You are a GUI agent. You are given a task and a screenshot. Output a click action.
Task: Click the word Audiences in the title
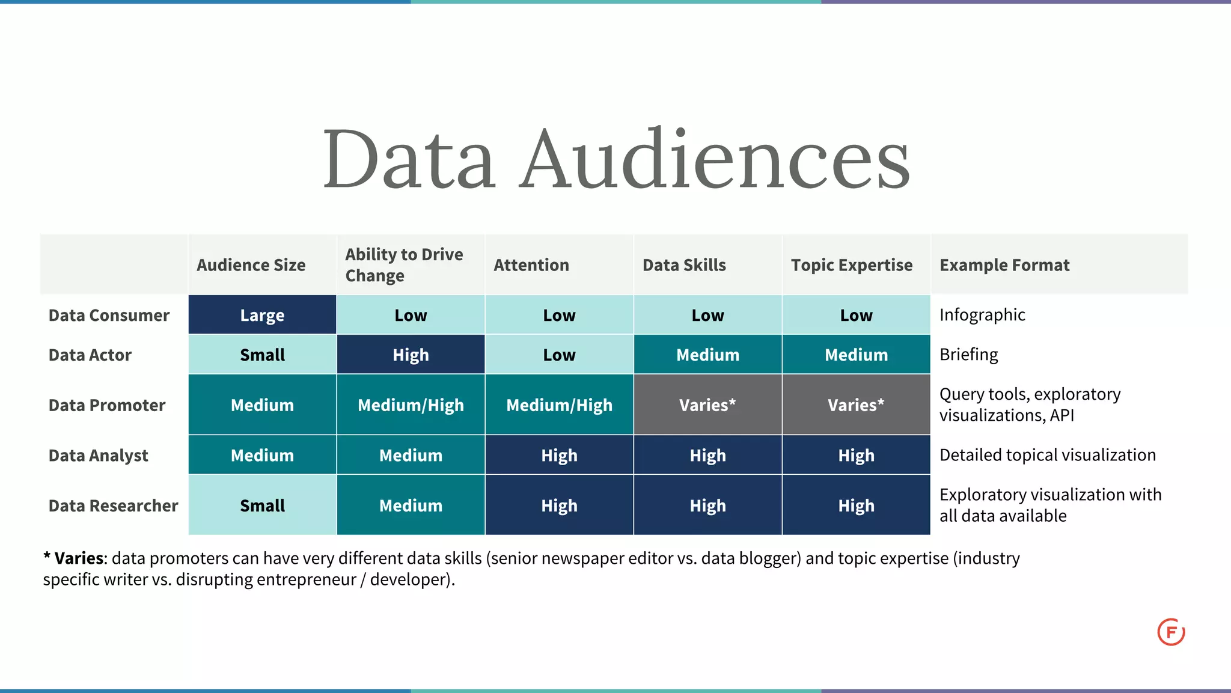click(715, 159)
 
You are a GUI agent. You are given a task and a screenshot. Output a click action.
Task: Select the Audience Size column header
click(251, 265)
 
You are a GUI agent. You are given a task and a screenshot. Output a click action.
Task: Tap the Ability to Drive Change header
click(404, 265)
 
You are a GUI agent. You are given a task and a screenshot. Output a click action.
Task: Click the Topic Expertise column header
click(851, 265)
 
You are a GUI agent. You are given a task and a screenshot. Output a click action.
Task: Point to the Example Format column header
click(1004, 265)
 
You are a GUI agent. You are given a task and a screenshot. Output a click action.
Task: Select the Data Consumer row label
click(109, 316)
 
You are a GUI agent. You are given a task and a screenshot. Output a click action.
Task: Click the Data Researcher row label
click(113, 506)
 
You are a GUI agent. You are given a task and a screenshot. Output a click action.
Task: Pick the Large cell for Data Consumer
click(262, 316)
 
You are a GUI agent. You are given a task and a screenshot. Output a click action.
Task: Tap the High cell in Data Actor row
click(411, 355)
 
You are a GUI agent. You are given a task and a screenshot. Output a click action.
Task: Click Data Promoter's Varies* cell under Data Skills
click(707, 405)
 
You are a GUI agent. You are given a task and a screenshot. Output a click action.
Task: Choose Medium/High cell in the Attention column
click(559, 405)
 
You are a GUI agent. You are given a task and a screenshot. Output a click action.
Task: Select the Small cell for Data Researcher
click(262, 506)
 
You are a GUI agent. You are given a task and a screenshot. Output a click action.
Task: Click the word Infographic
click(982, 315)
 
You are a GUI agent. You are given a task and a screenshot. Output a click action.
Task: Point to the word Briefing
click(968, 355)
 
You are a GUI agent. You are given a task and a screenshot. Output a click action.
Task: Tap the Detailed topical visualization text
click(1047, 455)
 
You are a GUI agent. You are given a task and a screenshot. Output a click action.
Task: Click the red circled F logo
click(1171, 632)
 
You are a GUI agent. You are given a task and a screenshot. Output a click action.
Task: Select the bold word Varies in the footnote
click(79, 558)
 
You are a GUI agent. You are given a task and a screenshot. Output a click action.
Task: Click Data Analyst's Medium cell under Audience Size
click(262, 456)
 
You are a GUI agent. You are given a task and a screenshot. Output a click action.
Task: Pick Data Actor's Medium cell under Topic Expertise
click(856, 355)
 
